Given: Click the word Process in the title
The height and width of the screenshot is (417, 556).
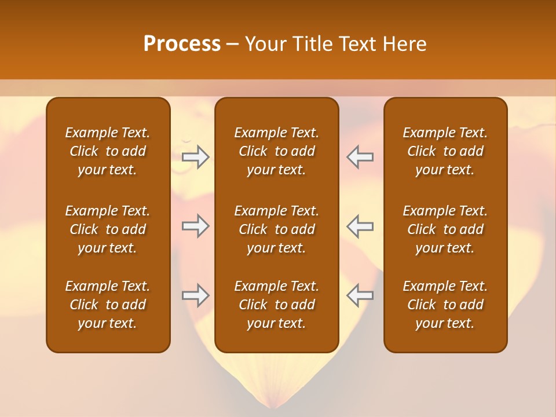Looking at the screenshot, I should click(x=182, y=44).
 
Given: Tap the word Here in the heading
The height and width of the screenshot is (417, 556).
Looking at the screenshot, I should click(x=404, y=44).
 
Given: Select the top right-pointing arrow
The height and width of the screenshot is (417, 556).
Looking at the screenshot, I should click(x=196, y=157).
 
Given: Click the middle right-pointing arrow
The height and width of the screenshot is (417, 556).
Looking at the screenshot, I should click(x=196, y=226).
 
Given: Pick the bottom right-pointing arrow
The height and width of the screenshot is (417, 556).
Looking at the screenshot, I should click(x=196, y=295).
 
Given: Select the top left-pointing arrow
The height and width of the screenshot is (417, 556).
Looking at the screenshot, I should click(x=360, y=157).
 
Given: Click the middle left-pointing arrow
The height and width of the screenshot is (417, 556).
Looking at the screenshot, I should click(x=360, y=226).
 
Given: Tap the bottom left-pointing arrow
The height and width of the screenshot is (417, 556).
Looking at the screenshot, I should click(x=360, y=295).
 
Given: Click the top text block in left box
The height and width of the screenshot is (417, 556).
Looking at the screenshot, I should click(x=108, y=151).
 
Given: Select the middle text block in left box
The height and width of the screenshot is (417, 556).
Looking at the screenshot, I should click(x=108, y=229).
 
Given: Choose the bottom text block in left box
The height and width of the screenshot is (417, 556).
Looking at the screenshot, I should click(x=108, y=305).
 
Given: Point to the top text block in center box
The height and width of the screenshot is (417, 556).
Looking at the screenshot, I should click(x=276, y=151).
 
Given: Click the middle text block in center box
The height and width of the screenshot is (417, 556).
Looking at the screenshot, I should click(x=276, y=229).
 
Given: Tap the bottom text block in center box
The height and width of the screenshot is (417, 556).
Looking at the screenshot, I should click(x=276, y=305).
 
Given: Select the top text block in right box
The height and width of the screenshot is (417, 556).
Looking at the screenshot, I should click(x=445, y=151).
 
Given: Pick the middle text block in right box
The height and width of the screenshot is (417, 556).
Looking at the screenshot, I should click(x=445, y=229).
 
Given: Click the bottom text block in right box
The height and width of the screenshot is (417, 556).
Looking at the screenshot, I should click(x=445, y=305).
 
